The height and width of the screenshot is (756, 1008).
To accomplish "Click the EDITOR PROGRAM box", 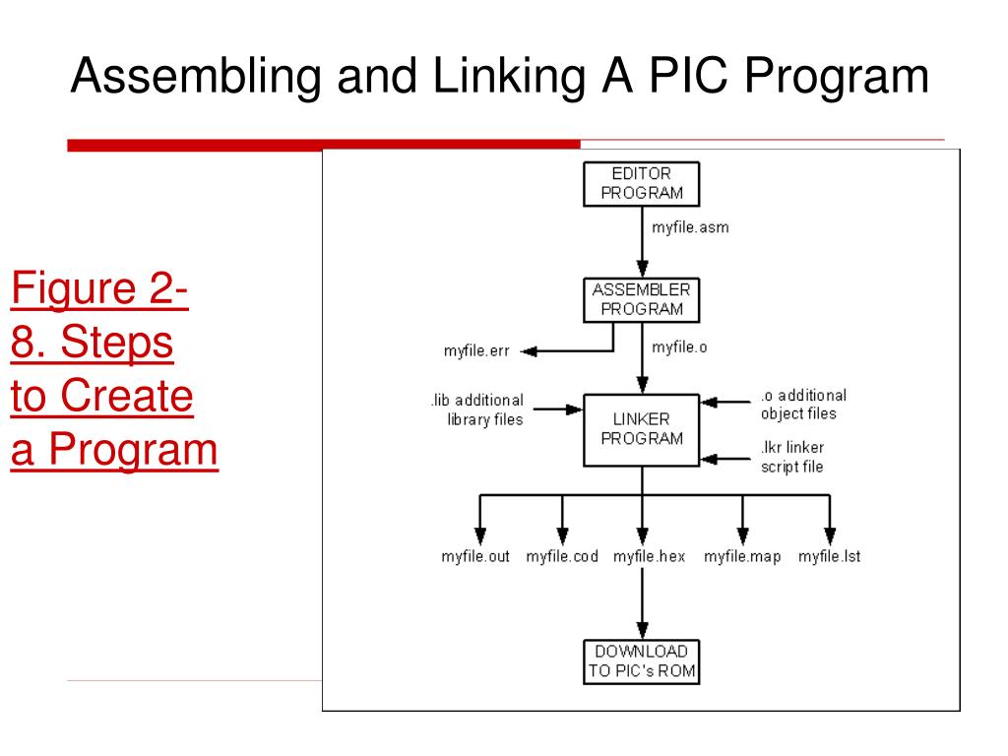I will coord(642,183).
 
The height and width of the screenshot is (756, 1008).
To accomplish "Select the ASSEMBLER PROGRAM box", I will coord(642,299).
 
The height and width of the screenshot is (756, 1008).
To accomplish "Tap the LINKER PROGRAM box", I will coord(642,429).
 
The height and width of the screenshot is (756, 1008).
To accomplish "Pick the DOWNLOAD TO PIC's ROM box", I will coord(642,661).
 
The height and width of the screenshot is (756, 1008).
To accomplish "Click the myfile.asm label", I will coord(690,227).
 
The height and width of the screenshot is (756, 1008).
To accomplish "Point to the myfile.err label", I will coord(476,351).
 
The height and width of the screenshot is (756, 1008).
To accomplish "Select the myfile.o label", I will coord(679,346).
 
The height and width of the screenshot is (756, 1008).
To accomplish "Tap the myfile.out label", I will coord(475,556).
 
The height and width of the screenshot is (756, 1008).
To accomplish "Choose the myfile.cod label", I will coord(562,556).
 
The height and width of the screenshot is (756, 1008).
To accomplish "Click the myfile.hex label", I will coord(649,556).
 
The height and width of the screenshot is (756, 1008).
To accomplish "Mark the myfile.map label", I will coord(742,556).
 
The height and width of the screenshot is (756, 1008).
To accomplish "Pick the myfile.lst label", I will coord(829,556).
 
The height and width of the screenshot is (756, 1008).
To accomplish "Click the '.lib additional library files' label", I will coord(476,409).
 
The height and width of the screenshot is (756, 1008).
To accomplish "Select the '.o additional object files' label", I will coord(803,405).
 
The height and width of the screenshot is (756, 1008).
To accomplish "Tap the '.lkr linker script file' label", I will coord(793,457).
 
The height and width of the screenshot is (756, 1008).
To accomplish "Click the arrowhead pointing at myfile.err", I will coord(528,351).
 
